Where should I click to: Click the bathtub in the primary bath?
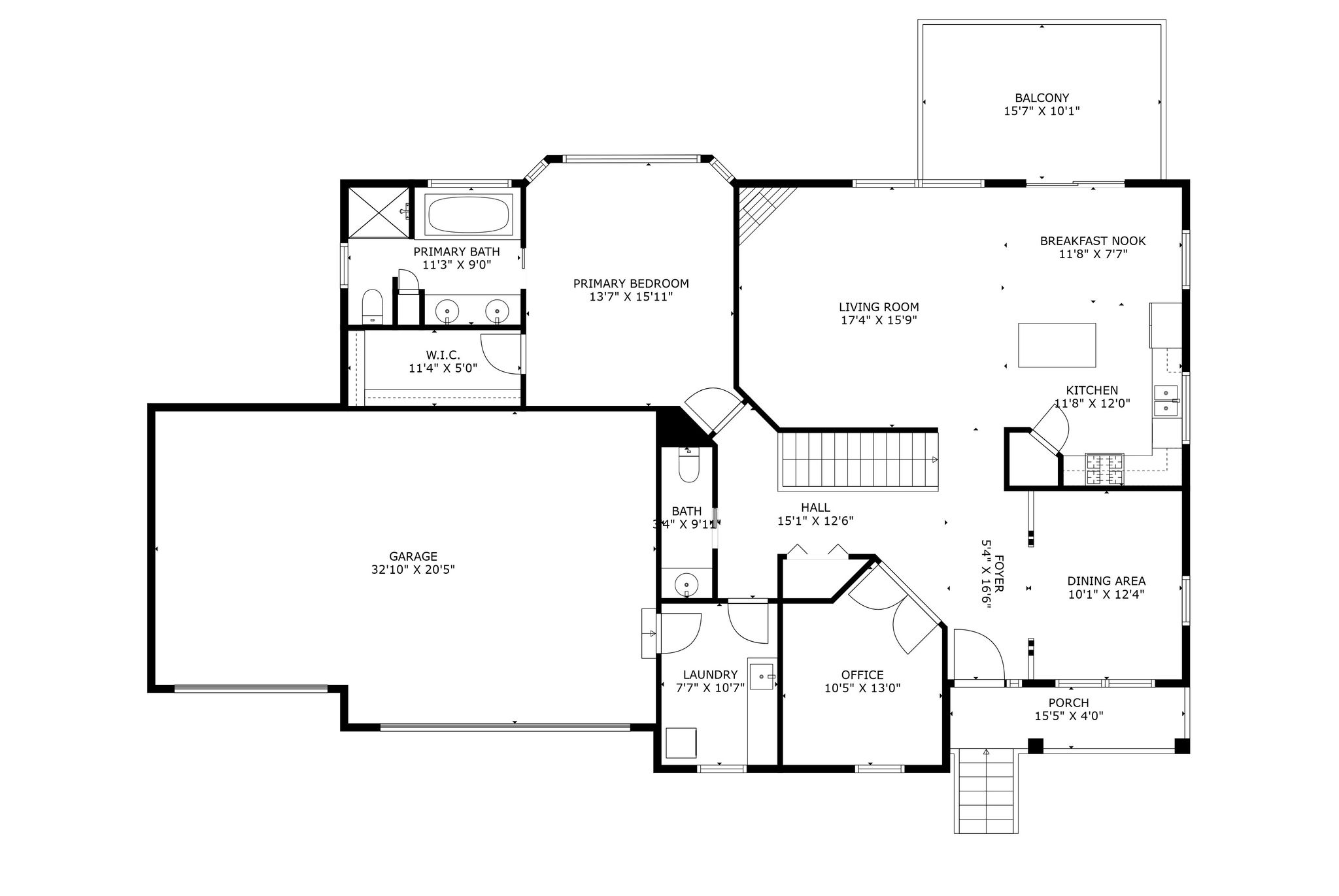pos(469,214)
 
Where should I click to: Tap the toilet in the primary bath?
pos(372,307)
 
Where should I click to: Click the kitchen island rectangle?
pos(1057,345)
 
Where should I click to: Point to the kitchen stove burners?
pos(1104,469)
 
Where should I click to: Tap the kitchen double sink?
pos(1166,401)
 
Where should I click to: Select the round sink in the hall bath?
pos(686,583)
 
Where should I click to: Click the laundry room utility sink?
pos(762,675)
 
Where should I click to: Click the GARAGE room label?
pos(413,556)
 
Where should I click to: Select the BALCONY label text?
pos(1042,98)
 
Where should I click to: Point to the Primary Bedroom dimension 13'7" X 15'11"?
pos(631,297)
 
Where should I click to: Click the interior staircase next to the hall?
pos(858,461)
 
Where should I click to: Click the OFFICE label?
pos(862,675)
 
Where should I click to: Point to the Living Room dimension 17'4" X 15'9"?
pos(879,320)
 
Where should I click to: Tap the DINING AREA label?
pos(1106,581)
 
